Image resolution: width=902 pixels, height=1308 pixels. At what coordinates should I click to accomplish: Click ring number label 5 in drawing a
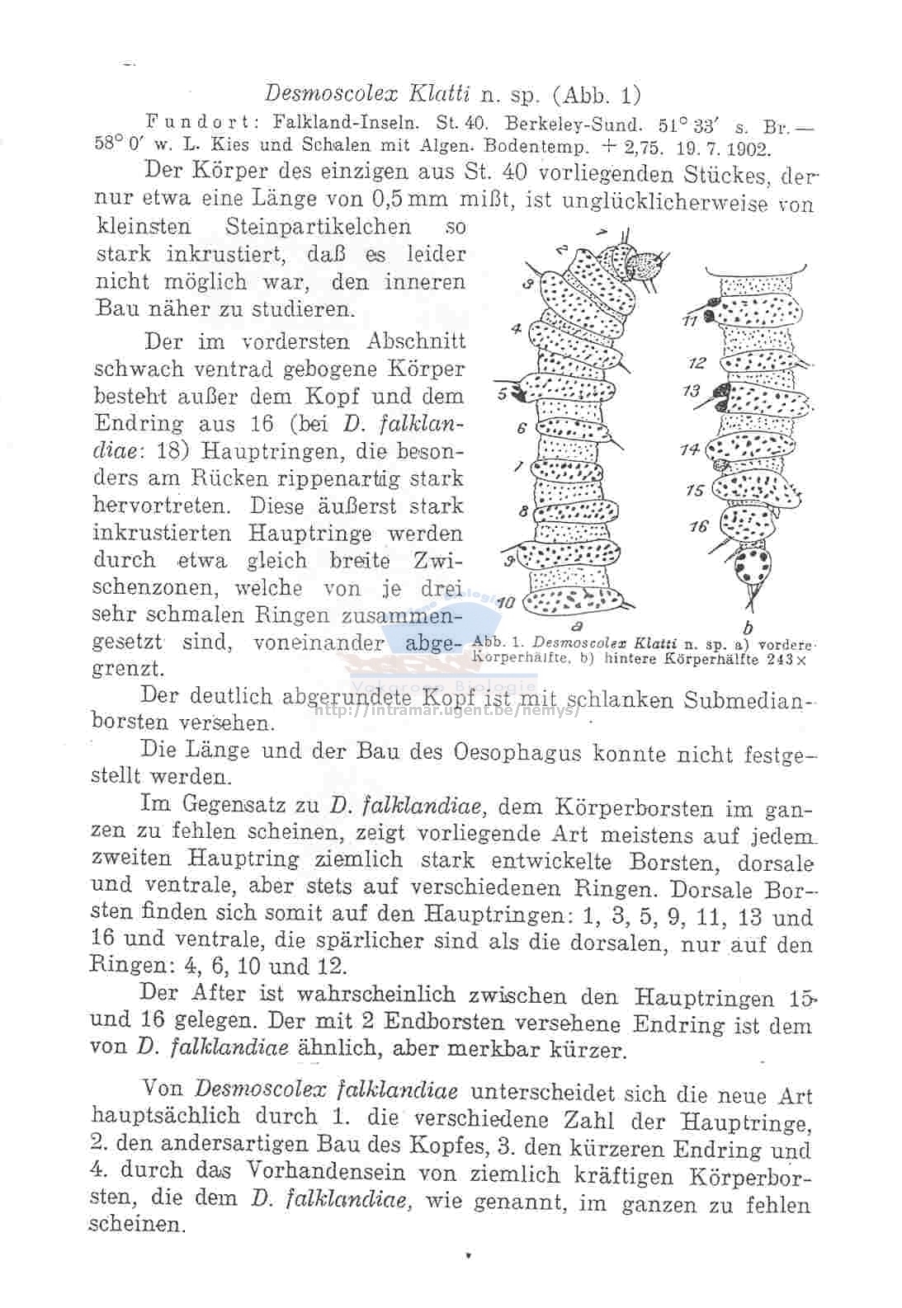(x=503, y=393)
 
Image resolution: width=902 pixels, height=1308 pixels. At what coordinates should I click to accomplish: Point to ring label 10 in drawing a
(x=505, y=603)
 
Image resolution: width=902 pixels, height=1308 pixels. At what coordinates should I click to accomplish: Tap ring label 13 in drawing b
(x=692, y=391)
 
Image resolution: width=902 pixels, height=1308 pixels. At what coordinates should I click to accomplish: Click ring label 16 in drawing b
(x=699, y=525)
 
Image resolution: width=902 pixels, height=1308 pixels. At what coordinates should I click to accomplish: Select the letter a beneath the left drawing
(x=574, y=625)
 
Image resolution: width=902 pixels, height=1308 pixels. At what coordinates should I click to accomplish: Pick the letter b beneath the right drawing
(x=748, y=628)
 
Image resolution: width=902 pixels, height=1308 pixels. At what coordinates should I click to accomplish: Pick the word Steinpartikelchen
(x=318, y=226)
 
